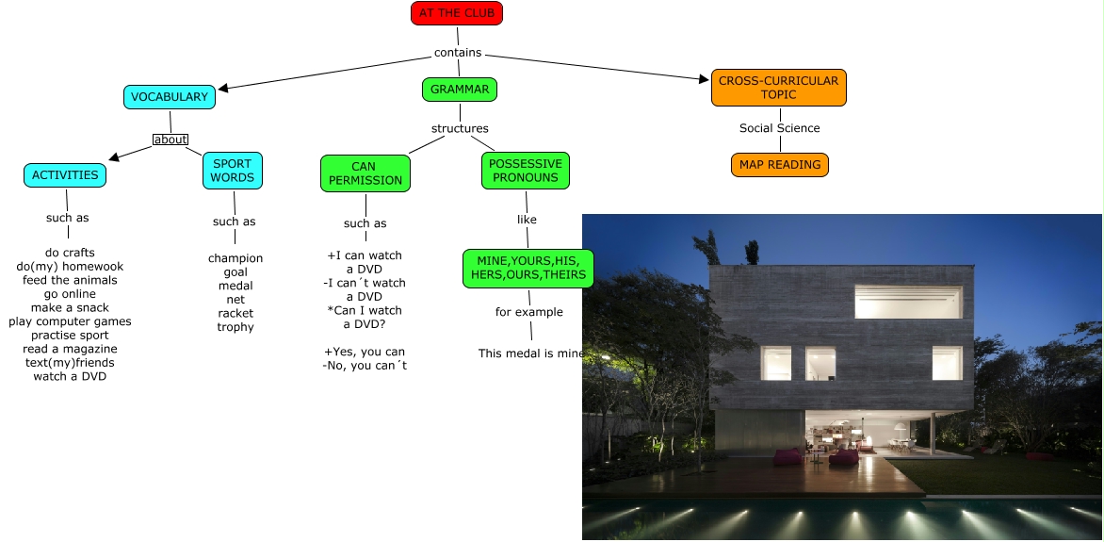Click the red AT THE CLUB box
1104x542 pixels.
[457, 13]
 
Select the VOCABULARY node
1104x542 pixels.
[170, 97]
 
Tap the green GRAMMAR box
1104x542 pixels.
[460, 90]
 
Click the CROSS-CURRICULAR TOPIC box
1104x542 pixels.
[779, 88]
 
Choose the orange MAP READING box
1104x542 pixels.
[780, 165]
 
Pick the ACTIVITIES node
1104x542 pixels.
[65, 174]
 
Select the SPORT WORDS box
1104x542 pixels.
[233, 171]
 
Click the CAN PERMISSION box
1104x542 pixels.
[365, 173]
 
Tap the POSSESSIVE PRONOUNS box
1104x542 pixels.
[526, 171]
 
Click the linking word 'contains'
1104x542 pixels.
[458, 53]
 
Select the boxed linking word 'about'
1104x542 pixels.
[170, 140]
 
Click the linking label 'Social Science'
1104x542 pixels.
[780, 128]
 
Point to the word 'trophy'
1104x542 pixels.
[235, 327]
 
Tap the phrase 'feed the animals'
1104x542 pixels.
[71, 280]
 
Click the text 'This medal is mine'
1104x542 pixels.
[530, 353]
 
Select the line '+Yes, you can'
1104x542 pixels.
[365, 352]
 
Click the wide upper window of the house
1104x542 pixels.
[908, 302]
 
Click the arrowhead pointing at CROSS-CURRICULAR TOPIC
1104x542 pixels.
[704, 80]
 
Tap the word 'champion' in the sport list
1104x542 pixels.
[235, 258]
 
